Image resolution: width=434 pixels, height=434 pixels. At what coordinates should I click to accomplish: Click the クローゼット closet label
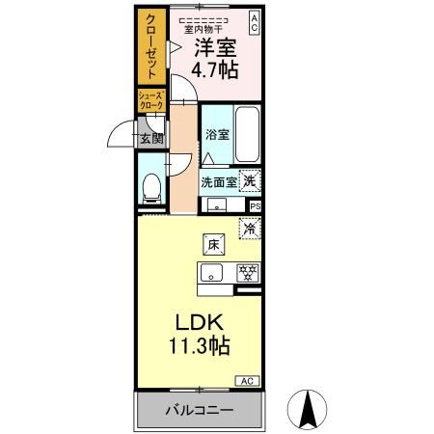click(x=151, y=49)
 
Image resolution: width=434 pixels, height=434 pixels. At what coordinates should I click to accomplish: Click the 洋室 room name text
click(x=215, y=49)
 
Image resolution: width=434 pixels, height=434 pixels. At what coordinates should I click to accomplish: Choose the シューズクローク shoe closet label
click(x=151, y=98)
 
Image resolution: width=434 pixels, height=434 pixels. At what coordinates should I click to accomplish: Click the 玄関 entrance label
click(x=152, y=139)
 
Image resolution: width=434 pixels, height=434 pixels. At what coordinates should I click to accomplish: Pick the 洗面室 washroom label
click(x=219, y=180)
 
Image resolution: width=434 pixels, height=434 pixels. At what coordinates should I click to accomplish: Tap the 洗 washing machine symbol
click(x=250, y=179)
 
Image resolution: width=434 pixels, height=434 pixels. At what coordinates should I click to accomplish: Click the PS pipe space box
click(x=256, y=205)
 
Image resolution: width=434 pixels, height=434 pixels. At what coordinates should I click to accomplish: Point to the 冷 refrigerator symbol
click(x=250, y=229)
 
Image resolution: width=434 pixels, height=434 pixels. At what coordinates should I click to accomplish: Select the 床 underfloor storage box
click(x=213, y=244)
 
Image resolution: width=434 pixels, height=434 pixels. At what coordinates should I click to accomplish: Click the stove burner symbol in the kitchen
click(x=246, y=272)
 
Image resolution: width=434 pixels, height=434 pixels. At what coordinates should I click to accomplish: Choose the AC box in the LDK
click(x=246, y=379)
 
